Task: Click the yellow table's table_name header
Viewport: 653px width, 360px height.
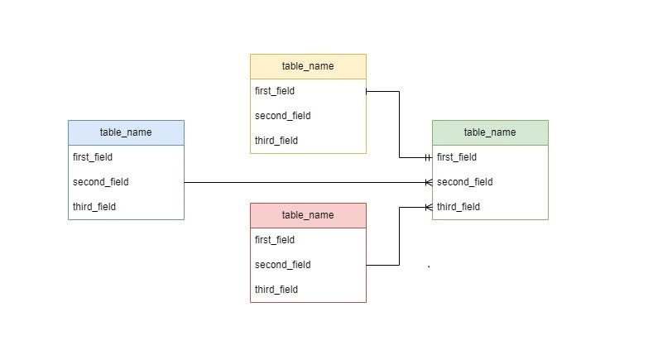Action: tap(308, 66)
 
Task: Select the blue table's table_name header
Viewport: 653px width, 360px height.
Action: tap(126, 132)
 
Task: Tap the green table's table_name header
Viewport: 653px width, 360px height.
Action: tap(490, 132)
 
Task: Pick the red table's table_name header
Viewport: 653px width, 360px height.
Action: tap(308, 215)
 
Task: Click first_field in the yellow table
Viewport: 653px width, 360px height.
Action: tap(275, 91)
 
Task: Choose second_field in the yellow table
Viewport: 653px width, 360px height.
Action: tap(283, 116)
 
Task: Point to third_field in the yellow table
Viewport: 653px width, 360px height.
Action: tap(276, 141)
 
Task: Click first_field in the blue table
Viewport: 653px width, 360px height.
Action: tap(93, 157)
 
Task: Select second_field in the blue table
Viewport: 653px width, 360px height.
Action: tap(101, 182)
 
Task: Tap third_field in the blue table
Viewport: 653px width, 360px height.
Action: tap(94, 207)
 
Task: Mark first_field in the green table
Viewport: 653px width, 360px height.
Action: tap(457, 157)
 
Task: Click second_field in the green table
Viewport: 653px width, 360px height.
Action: tap(465, 182)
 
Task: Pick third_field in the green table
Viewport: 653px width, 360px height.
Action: tap(459, 207)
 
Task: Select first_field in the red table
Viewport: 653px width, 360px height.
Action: tap(275, 240)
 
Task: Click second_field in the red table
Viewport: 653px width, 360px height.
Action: tap(283, 265)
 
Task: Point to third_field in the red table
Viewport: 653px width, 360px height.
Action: tap(276, 290)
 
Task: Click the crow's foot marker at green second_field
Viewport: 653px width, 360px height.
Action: tap(428, 182)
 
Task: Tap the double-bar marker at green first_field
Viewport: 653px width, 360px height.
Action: tap(427, 157)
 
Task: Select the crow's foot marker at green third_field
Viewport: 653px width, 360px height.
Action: tap(428, 207)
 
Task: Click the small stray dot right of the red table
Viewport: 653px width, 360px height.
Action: tap(429, 266)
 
